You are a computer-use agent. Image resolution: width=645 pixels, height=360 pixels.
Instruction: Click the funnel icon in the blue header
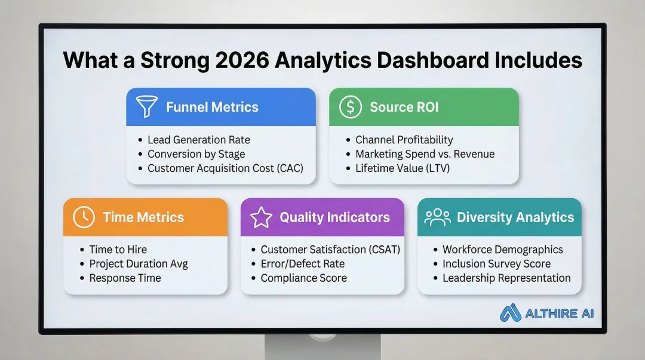coord(147,107)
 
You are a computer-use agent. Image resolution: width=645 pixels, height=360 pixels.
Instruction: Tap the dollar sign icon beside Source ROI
coord(350,107)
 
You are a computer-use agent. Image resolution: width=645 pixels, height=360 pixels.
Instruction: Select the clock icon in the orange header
coord(84,217)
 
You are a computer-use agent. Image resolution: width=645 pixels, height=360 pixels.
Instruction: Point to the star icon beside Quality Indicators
coord(261,217)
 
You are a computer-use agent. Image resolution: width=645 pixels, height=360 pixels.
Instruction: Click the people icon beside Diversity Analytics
coord(437,217)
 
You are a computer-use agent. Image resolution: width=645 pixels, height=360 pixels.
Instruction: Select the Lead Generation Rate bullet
coord(199,140)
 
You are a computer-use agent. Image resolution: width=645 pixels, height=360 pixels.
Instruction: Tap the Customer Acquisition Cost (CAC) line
coord(225,168)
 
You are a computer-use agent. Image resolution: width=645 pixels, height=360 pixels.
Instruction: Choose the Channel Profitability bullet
coord(404,140)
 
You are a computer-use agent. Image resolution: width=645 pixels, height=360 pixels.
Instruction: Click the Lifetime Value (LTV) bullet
coord(402,168)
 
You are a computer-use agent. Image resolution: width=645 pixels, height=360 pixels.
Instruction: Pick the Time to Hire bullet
coord(118,250)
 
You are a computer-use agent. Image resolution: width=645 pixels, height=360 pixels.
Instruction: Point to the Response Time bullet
coord(125,278)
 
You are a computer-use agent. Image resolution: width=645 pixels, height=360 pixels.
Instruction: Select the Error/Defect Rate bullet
coord(302,264)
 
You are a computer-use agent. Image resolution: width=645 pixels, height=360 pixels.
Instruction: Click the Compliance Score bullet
coord(303,278)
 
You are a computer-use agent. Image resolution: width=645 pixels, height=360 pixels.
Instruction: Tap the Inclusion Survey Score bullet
coord(496,264)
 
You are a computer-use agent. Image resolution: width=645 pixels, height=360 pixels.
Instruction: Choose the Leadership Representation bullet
coord(506,278)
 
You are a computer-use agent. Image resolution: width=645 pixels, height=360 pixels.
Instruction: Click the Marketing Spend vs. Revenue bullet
coord(425,154)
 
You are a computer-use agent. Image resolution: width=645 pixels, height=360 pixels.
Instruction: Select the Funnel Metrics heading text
coord(212,107)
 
